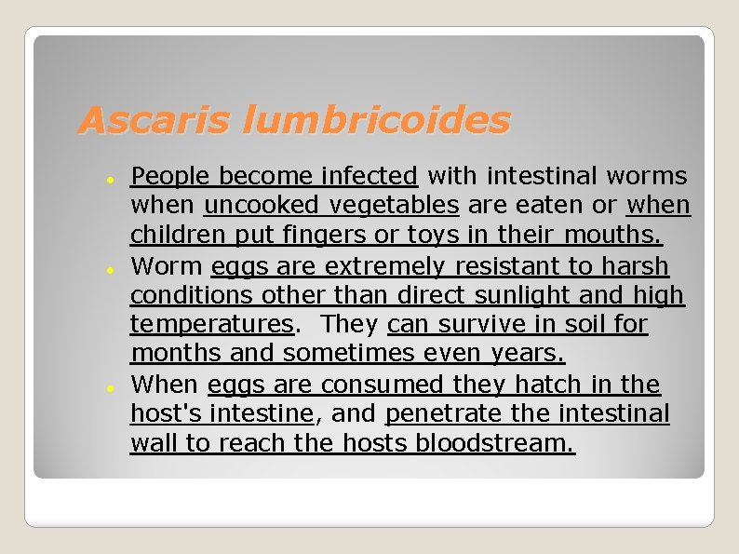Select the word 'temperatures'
tap(212, 325)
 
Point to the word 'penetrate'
tap(448, 414)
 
